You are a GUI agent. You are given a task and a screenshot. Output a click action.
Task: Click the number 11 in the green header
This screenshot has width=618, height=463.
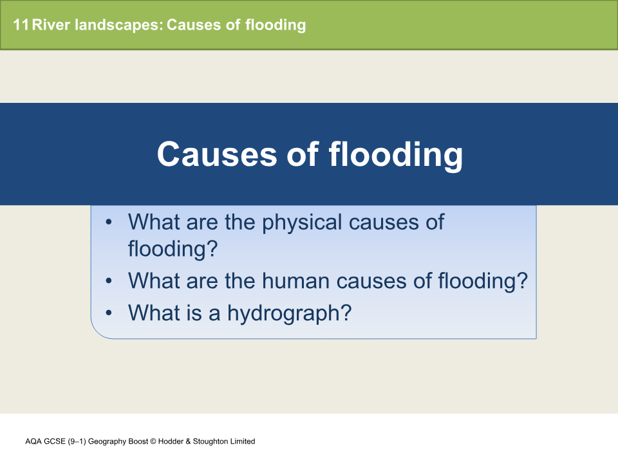tap(21, 25)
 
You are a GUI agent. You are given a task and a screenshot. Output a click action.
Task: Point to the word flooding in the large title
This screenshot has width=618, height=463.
tap(396, 154)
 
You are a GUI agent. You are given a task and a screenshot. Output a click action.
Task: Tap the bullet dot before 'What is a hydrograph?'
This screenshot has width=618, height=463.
tap(109, 313)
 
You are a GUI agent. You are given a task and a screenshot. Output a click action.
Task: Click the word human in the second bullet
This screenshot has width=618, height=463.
tap(303, 281)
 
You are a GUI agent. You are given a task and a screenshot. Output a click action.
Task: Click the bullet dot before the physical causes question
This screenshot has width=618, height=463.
tap(109, 222)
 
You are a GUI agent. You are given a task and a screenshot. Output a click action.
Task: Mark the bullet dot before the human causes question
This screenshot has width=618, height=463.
tap(109, 281)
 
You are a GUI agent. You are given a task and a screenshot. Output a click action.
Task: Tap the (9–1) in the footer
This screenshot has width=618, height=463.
tap(77, 441)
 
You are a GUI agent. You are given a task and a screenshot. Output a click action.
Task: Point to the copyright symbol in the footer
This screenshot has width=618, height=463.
tap(146, 441)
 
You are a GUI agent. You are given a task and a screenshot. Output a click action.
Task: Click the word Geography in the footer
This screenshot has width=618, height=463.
tap(106, 441)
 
